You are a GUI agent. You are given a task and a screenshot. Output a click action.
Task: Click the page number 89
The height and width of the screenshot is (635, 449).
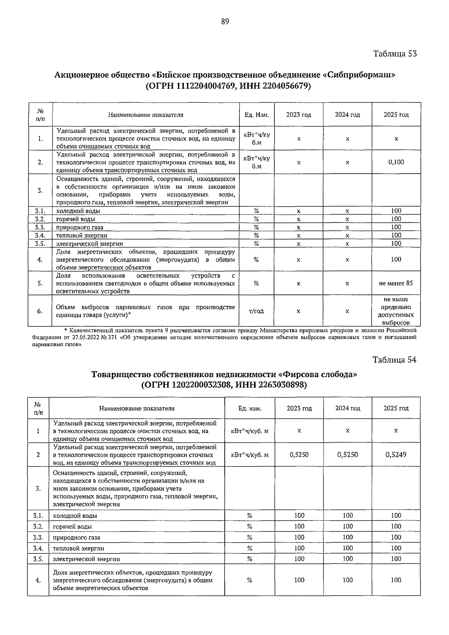(x=225, y=22)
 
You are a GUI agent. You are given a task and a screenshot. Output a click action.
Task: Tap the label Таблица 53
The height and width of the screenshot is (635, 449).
(x=395, y=54)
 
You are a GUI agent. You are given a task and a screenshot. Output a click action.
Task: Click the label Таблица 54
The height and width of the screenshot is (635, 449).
(x=394, y=360)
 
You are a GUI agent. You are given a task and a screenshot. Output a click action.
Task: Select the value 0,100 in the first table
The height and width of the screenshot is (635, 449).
(x=396, y=162)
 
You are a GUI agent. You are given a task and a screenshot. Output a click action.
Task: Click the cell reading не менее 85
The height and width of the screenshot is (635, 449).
(x=396, y=283)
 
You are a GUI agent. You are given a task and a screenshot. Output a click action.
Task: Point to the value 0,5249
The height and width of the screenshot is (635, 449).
(x=396, y=455)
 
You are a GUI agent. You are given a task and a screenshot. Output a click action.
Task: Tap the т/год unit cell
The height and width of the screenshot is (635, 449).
(x=256, y=311)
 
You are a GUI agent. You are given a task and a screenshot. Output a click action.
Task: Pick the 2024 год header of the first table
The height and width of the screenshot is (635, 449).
(x=347, y=115)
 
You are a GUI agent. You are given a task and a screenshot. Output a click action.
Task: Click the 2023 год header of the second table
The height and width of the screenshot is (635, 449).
(x=299, y=408)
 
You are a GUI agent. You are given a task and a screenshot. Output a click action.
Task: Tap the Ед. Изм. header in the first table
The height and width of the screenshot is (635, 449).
(x=257, y=115)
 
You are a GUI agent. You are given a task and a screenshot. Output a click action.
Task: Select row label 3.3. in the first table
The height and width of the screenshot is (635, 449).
(x=40, y=227)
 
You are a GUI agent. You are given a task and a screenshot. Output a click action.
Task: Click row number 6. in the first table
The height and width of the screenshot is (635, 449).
(x=40, y=311)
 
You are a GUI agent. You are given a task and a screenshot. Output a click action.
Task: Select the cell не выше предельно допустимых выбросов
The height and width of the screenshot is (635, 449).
(x=396, y=311)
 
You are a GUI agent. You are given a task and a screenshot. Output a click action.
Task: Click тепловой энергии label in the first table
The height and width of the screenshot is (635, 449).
(x=82, y=236)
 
